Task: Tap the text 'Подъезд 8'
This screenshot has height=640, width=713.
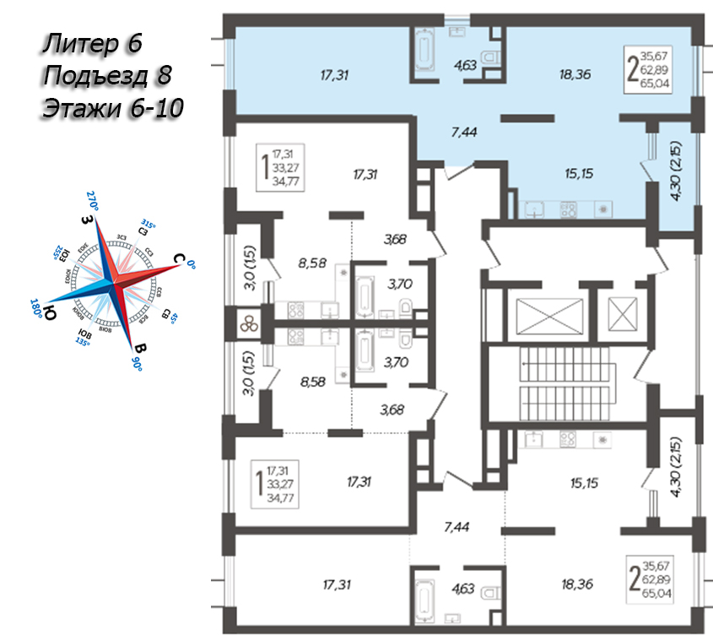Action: click(105, 75)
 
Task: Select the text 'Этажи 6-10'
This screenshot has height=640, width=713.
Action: click(111, 108)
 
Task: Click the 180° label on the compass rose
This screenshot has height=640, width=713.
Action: click(37, 308)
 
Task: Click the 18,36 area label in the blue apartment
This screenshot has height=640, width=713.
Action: click(574, 74)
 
